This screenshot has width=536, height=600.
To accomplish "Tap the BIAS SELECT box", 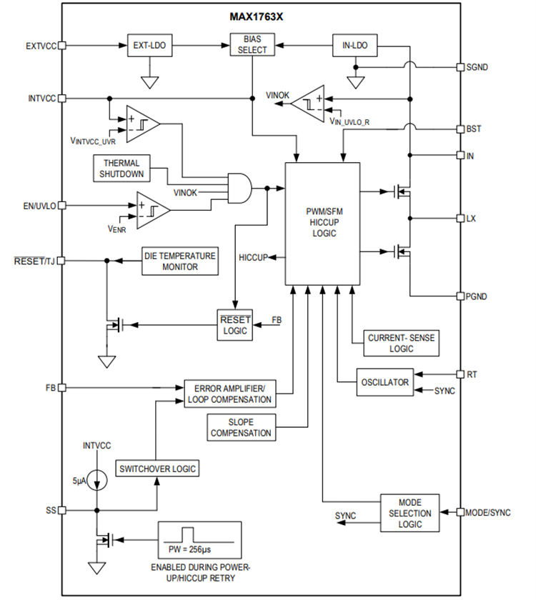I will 252,45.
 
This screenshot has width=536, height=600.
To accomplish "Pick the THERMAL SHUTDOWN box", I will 120,168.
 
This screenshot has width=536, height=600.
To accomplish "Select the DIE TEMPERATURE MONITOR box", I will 178,261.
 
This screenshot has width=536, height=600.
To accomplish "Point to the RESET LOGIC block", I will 234,326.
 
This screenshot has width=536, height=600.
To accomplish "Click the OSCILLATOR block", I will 384,382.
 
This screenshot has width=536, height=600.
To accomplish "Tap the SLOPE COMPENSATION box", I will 241,427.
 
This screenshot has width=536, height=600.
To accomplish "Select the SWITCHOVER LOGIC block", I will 157,469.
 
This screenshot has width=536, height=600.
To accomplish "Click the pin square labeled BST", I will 461,129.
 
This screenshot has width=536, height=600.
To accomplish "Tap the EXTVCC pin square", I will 62,45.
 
